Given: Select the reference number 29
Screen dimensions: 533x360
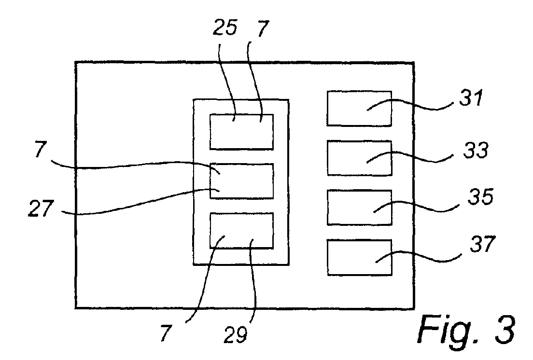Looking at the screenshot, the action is tap(236, 334).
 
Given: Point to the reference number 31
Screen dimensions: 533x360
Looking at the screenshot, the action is tap(472, 98).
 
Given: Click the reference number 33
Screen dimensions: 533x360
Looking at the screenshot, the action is tap(476, 150).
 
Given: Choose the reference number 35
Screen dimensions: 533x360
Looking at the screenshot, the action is tap(480, 196).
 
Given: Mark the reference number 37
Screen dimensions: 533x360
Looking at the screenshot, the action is tap(483, 244).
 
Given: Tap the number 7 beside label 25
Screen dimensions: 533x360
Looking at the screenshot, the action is tap(263, 28).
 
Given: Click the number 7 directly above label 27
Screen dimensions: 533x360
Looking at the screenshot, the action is tap(41, 150).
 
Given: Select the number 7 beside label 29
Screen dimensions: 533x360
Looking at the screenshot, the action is tap(166, 333).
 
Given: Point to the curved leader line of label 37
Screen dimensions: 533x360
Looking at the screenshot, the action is tap(418, 256).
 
